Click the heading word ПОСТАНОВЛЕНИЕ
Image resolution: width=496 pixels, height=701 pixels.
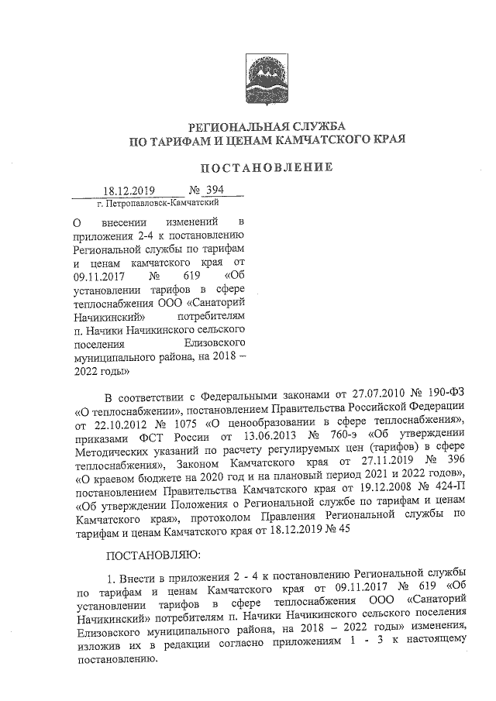pos(267,167)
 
